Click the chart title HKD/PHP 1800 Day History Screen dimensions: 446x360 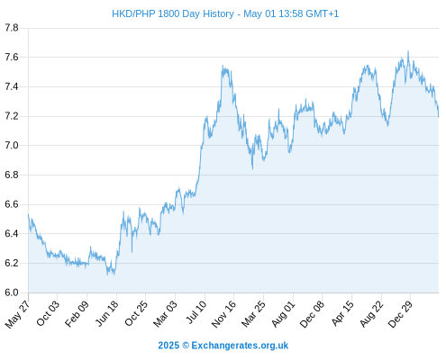[x=173, y=13]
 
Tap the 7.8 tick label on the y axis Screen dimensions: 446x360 [x=12, y=28]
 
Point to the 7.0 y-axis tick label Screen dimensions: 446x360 [x=12, y=146]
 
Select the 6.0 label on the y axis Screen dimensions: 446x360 [x=12, y=292]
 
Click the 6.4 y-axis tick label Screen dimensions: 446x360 [x=12, y=234]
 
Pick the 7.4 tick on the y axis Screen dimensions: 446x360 [x=12, y=87]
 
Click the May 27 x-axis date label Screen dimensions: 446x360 [x=18, y=314]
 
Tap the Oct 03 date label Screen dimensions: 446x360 [x=48, y=313]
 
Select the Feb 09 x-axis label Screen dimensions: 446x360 [x=77, y=313]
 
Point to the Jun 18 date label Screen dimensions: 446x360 [x=107, y=313]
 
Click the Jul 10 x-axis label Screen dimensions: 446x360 [x=196, y=312]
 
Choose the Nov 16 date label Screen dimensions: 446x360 [x=223, y=314]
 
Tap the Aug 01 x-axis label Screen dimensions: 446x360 [x=284, y=314]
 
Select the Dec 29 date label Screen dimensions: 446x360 [x=400, y=314]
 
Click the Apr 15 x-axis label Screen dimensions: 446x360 [x=342, y=313]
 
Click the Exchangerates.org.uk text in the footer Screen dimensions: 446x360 [x=240, y=346]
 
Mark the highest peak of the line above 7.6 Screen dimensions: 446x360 [x=408, y=51]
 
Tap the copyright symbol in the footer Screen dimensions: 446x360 [x=186, y=346]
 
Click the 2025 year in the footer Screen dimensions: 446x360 [x=168, y=346]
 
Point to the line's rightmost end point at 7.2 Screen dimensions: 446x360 [x=439, y=116]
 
